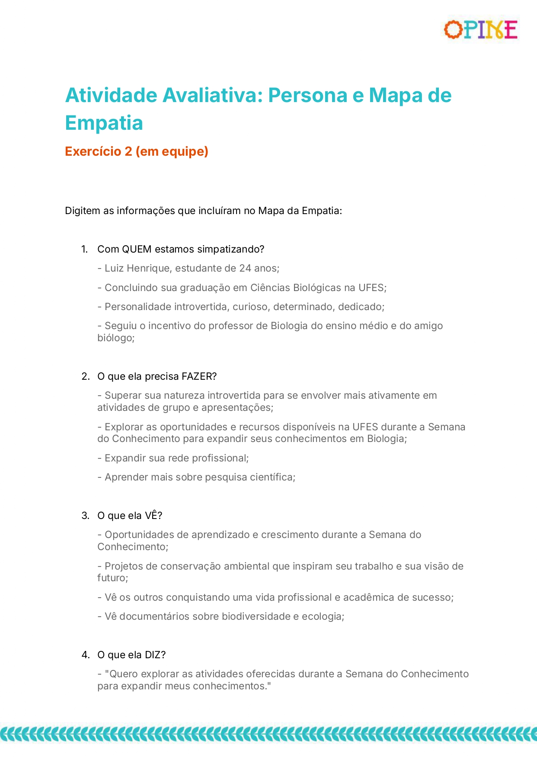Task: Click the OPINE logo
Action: click(481, 30)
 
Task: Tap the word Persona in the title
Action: click(307, 96)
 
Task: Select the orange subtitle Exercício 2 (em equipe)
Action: click(137, 151)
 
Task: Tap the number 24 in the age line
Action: click(245, 269)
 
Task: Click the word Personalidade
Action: click(138, 307)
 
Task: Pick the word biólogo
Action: click(115, 338)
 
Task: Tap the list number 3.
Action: click(85, 516)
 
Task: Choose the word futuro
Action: click(112, 578)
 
